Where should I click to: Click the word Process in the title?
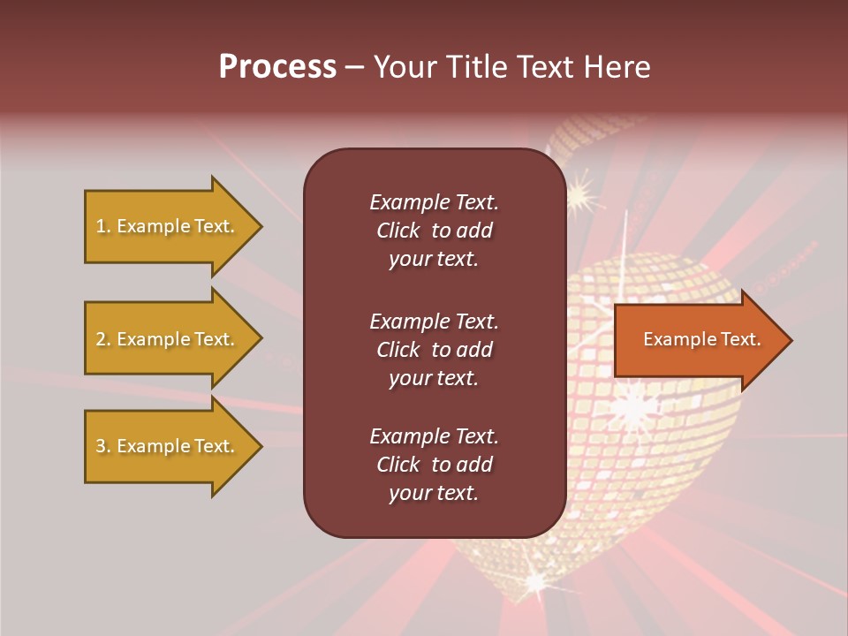277,67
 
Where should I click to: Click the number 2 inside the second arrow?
101,339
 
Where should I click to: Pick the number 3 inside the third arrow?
101,446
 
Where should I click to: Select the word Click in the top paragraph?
397,231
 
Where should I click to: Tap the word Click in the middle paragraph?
397,350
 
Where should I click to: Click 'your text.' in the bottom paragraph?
434,493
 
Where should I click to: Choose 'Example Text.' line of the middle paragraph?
434,322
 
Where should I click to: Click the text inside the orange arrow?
702,339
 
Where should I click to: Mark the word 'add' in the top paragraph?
475,231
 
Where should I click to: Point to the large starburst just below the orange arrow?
633,408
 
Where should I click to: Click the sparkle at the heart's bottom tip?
536,580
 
